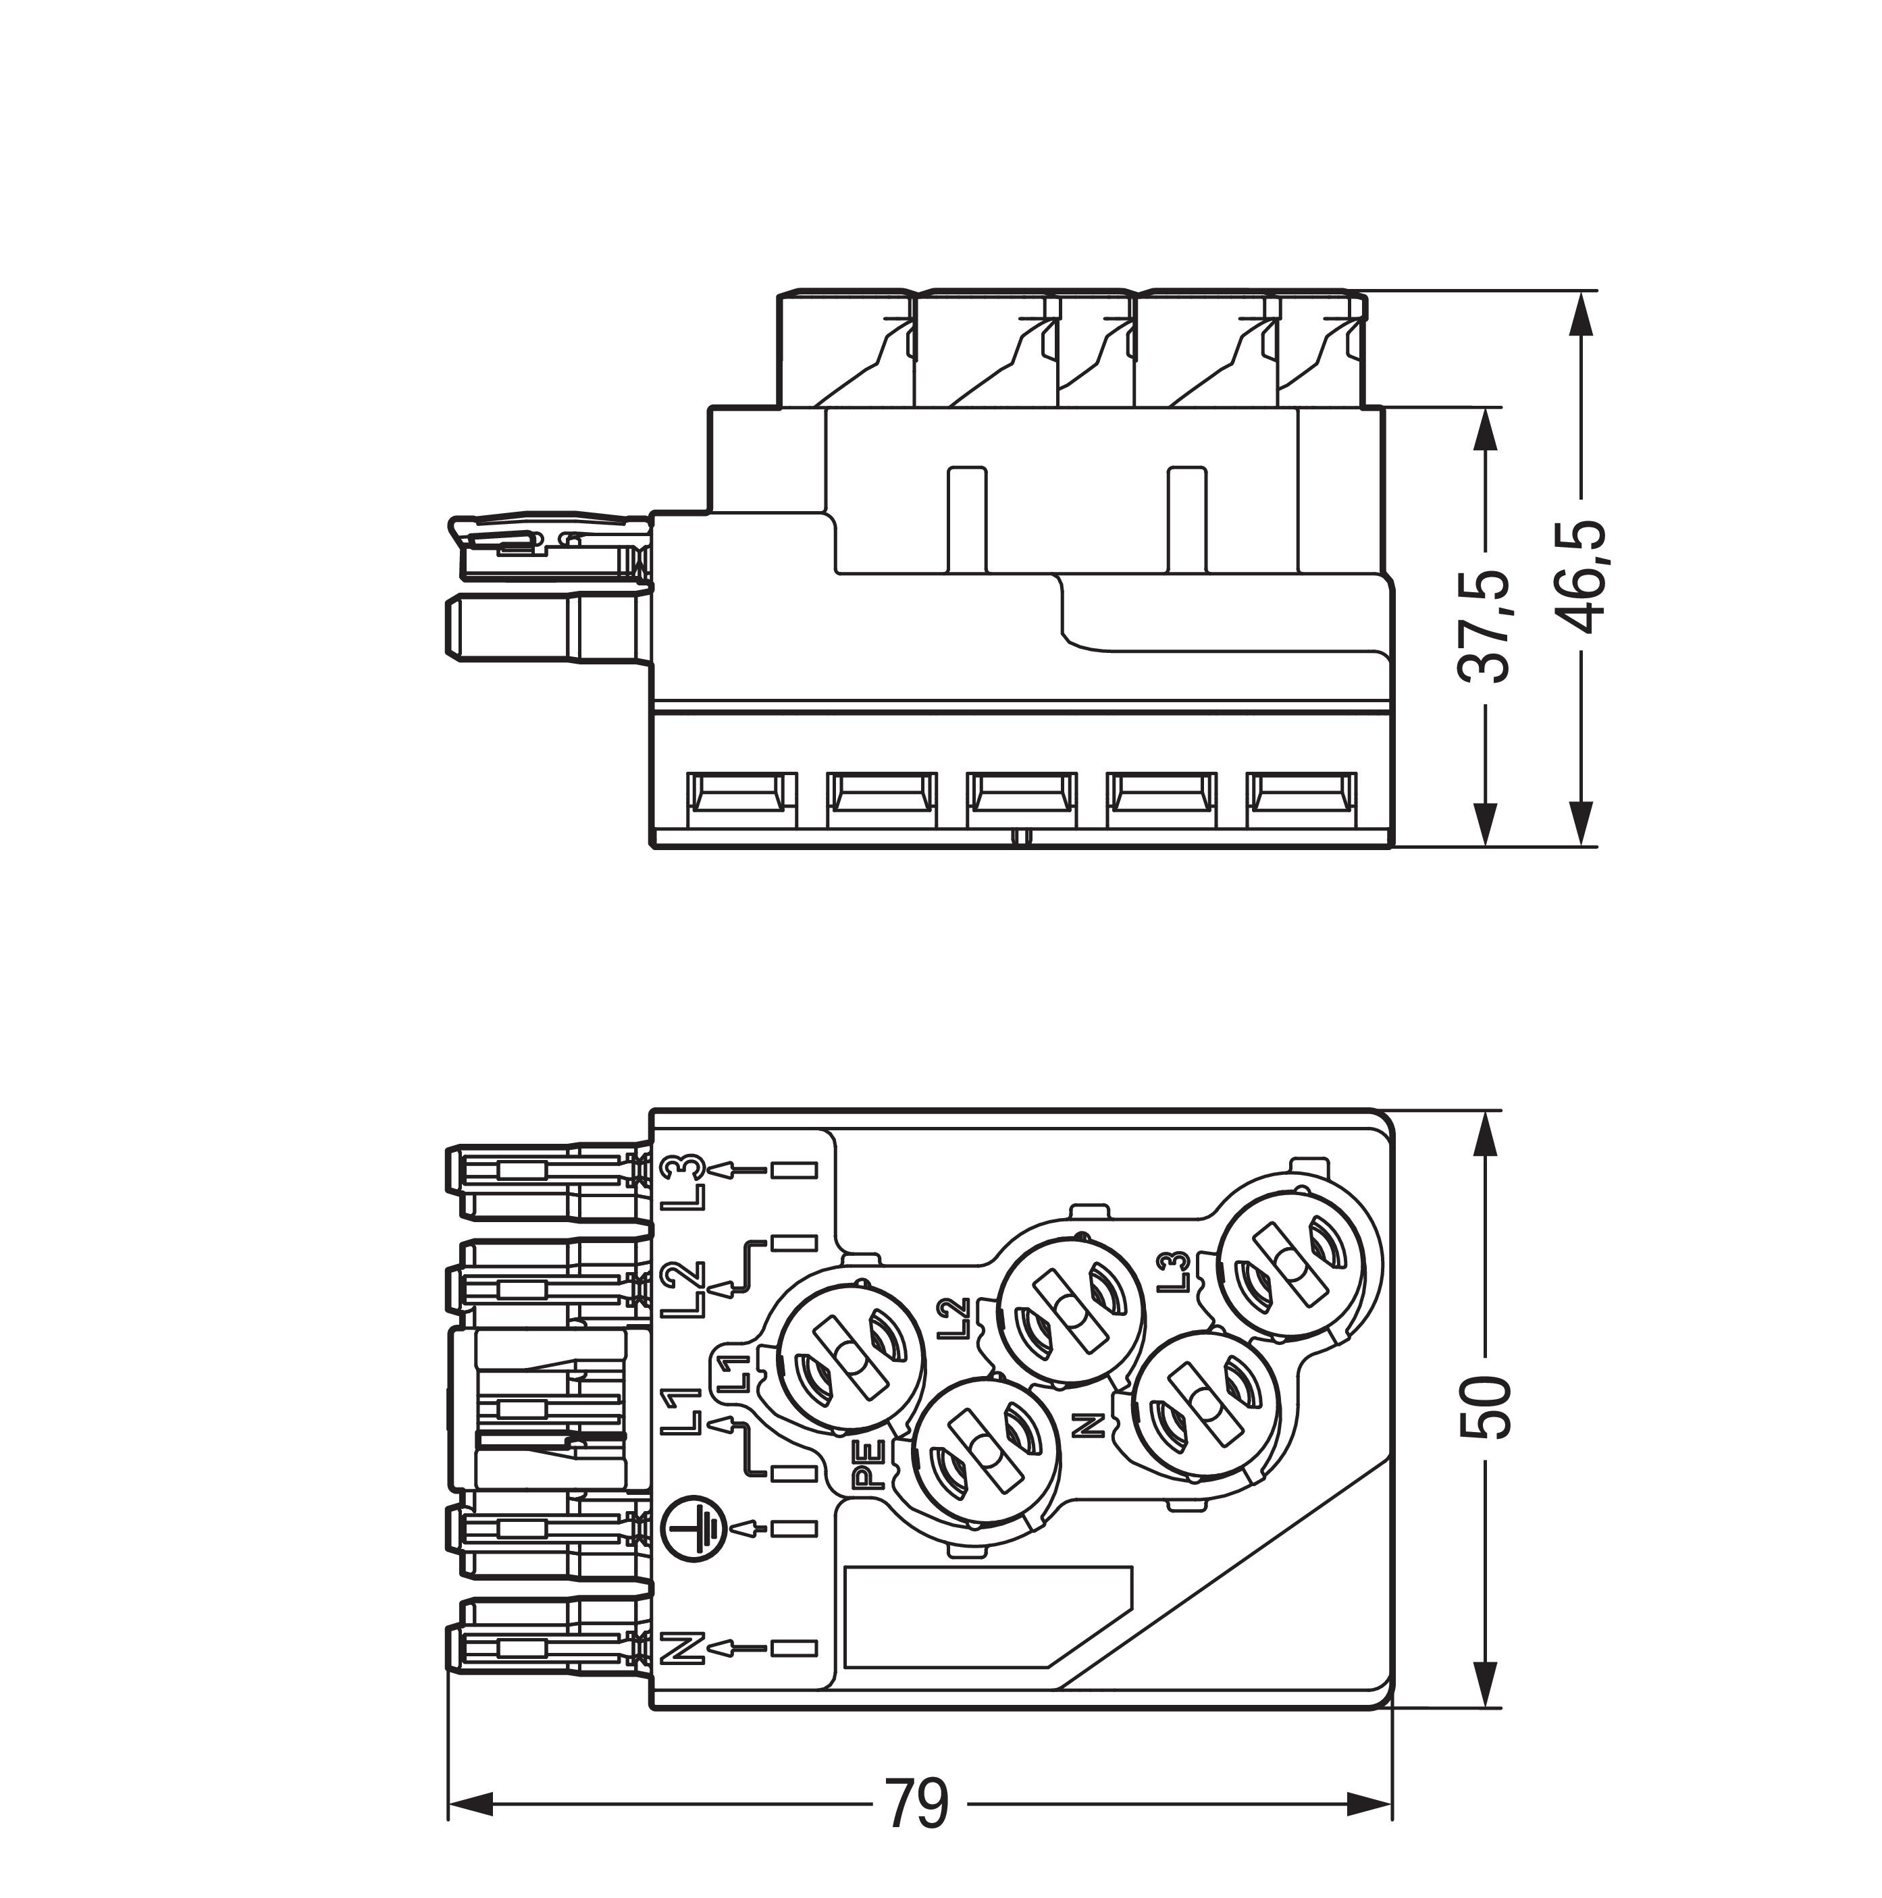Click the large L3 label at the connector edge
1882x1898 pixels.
(x=683, y=1180)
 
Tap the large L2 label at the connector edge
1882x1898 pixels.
(x=683, y=1290)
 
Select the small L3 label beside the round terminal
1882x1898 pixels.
(x=1175, y=1271)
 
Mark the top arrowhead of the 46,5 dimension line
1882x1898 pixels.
(x=1579, y=315)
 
